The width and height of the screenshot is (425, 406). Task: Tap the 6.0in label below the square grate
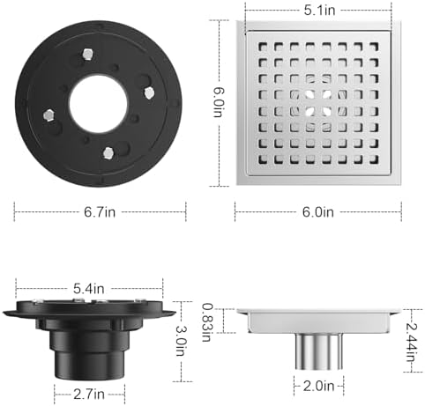click(318, 210)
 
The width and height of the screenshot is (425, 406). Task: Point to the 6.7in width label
click(99, 210)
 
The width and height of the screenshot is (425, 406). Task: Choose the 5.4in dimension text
click(89, 288)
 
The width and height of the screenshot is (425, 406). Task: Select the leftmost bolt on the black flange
click(49, 114)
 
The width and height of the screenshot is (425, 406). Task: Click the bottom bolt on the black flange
click(107, 153)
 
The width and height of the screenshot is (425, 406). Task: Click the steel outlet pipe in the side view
click(318, 351)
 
